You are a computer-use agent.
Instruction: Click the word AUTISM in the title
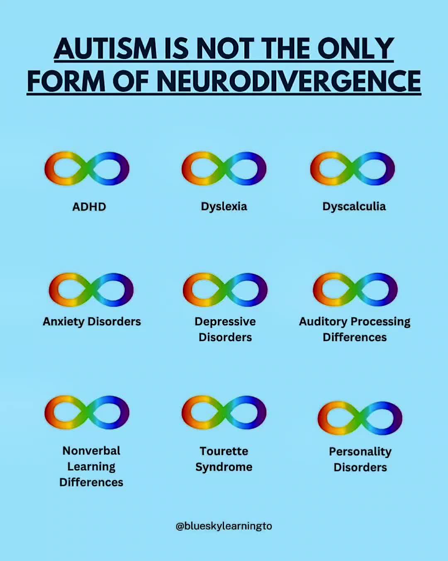tap(105, 49)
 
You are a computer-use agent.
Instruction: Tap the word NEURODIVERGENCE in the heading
tap(289, 81)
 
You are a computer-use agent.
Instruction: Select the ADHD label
tap(89, 207)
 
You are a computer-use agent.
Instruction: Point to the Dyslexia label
tap(224, 207)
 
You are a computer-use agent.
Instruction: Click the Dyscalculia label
tap(354, 207)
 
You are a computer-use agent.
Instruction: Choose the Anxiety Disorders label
tap(92, 322)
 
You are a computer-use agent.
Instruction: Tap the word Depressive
tap(225, 322)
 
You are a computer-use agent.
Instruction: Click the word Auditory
tap(323, 322)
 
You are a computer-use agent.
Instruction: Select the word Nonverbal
tap(91, 451)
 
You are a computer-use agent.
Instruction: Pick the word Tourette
tap(224, 451)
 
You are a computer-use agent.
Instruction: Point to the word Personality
tap(360, 452)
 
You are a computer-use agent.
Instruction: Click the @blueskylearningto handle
tap(224, 526)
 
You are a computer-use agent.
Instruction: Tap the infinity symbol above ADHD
tap(87, 168)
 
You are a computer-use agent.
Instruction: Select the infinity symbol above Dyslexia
tap(224, 168)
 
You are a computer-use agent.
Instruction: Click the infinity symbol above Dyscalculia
tap(352, 168)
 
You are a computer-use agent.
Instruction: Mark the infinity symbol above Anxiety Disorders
tap(91, 289)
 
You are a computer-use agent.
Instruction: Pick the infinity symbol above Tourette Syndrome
tap(224, 412)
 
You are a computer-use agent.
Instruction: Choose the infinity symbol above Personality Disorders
tap(360, 418)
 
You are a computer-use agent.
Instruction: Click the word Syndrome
tap(224, 467)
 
